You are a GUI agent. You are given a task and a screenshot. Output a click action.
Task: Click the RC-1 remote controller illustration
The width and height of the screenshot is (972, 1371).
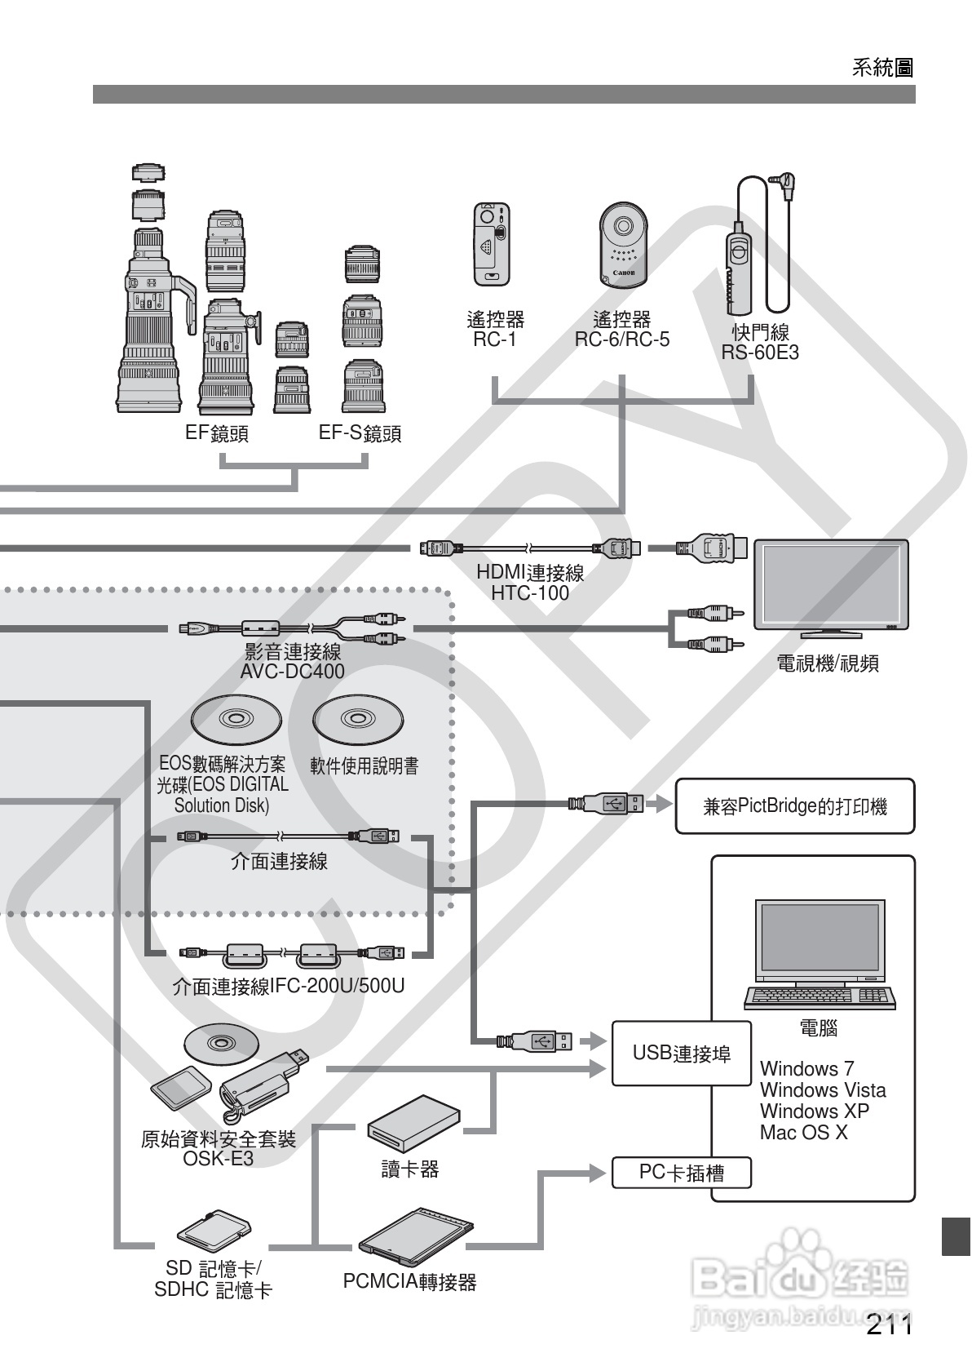[492, 244]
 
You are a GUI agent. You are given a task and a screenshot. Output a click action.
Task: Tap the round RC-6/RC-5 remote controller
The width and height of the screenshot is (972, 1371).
[623, 244]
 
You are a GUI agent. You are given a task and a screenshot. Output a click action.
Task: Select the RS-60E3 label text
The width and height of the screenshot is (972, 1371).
[760, 353]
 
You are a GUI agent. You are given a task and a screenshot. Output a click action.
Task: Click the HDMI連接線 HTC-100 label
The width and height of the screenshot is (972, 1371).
[530, 583]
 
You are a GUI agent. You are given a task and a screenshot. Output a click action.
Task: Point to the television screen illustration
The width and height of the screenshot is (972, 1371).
[830, 584]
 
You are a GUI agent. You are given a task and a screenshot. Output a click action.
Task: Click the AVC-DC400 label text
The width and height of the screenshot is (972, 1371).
[292, 672]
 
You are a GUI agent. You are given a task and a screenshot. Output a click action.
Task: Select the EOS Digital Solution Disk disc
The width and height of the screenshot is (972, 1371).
[236, 719]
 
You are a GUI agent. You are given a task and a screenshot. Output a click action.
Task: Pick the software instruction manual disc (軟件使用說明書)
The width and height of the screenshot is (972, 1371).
[357, 719]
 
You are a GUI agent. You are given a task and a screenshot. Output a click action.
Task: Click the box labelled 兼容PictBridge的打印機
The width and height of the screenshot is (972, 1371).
[794, 806]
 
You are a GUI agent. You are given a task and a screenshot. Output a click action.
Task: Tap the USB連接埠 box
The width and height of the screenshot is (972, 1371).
[681, 1053]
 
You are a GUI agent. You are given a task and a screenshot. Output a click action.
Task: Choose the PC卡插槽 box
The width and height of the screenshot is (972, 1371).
[681, 1173]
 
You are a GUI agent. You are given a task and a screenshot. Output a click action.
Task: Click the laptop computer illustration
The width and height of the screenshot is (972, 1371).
[820, 954]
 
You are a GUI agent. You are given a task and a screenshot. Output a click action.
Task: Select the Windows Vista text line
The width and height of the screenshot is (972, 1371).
[822, 1090]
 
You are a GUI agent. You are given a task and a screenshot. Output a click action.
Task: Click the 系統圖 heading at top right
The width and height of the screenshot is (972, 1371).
[882, 68]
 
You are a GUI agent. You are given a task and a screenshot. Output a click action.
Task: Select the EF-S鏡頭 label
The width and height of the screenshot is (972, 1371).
[360, 433]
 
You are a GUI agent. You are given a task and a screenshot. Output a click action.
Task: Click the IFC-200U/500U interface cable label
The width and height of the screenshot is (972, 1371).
[289, 986]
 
